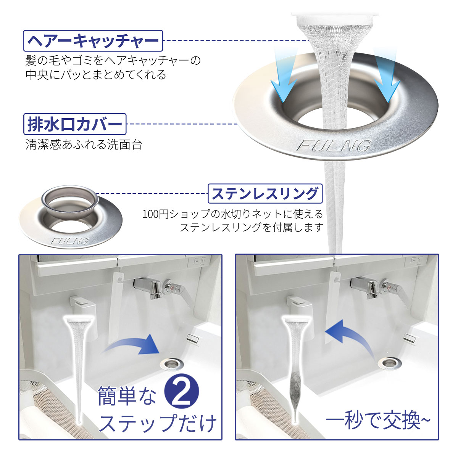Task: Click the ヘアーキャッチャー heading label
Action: [x=93, y=41]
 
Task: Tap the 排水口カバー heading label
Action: [x=75, y=124]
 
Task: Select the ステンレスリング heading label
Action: [x=265, y=193]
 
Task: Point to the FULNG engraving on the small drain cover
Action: [x=69, y=241]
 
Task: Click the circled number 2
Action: [x=182, y=391]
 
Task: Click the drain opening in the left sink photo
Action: [x=171, y=364]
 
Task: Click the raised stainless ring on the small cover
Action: [x=70, y=200]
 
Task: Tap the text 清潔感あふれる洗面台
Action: [x=84, y=145]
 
